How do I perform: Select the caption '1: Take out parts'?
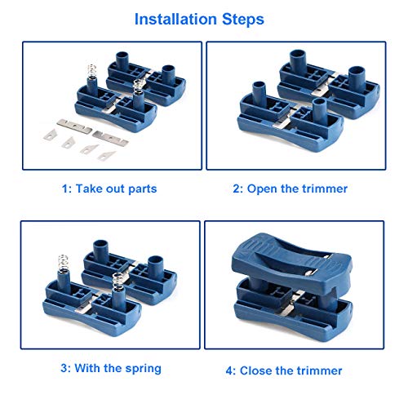point(109,188)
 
